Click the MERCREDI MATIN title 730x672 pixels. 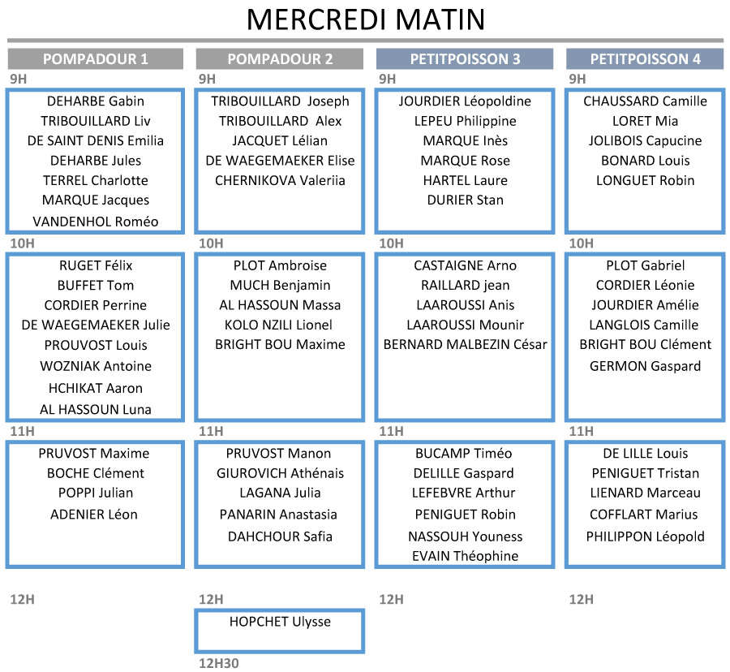tap(366, 19)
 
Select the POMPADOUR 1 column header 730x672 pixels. tap(96, 58)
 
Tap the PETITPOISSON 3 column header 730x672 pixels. tap(465, 58)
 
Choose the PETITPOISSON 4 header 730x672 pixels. tap(646, 58)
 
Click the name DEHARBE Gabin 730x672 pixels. tap(96, 101)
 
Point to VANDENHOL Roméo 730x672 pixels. tap(96, 222)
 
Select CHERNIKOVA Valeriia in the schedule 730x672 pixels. tap(280, 180)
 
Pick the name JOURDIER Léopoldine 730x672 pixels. tap(465, 101)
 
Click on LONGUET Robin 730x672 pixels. tap(646, 180)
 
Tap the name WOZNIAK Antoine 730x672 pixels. tap(96, 366)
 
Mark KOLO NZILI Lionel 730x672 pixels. tap(278, 325)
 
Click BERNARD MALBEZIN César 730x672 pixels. tap(465, 344)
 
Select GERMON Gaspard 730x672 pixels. tap(646, 366)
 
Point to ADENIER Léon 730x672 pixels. tap(94, 514)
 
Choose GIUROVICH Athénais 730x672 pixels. tap(280, 473)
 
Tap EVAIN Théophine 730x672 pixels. tap(465, 556)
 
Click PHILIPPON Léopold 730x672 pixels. tap(646, 536)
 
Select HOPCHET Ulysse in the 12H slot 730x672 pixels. tap(280, 622)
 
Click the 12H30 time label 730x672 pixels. tap(219, 663)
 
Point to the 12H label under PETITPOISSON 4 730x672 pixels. tap(581, 599)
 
